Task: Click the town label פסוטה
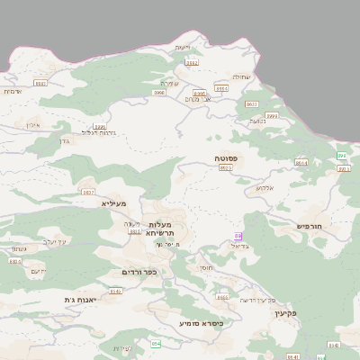226,157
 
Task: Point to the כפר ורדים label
139,271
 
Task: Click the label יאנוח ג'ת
80,299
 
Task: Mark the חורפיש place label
315,226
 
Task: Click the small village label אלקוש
264,188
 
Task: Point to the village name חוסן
207,268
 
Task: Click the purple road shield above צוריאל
238,236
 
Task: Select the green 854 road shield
156,343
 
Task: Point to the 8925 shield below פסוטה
225,167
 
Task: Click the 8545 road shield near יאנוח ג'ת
115,291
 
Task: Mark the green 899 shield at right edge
341,156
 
